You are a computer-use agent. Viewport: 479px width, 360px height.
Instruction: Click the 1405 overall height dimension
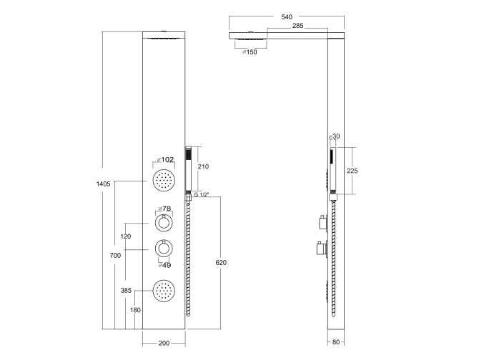pyautogui.click(x=103, y=184)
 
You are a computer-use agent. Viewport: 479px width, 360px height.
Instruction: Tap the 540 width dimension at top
pyautogui.click(x=287, y=17)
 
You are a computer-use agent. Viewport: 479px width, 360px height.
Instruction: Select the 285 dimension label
pyautogui.click(x=298, y=26)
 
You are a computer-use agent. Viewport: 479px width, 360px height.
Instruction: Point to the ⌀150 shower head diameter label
pyautogui.click(x=250, y=52)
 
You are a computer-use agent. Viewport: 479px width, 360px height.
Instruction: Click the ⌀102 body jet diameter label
pyautogui.click(x=165, y=159)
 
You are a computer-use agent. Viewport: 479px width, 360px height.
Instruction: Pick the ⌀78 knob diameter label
pyautogui.click(x=164, y=209)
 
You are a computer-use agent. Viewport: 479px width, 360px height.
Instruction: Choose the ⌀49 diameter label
pyautogui.click(x=164, y=266)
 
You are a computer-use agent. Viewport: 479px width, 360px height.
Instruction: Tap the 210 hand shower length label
pyautogui.click(x=203, y=166)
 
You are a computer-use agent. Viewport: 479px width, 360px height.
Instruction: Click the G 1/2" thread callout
pyautogui.click(x=202, y=194)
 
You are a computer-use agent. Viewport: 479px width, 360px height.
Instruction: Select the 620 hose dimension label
pyautogui.click(x=221, y=262)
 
